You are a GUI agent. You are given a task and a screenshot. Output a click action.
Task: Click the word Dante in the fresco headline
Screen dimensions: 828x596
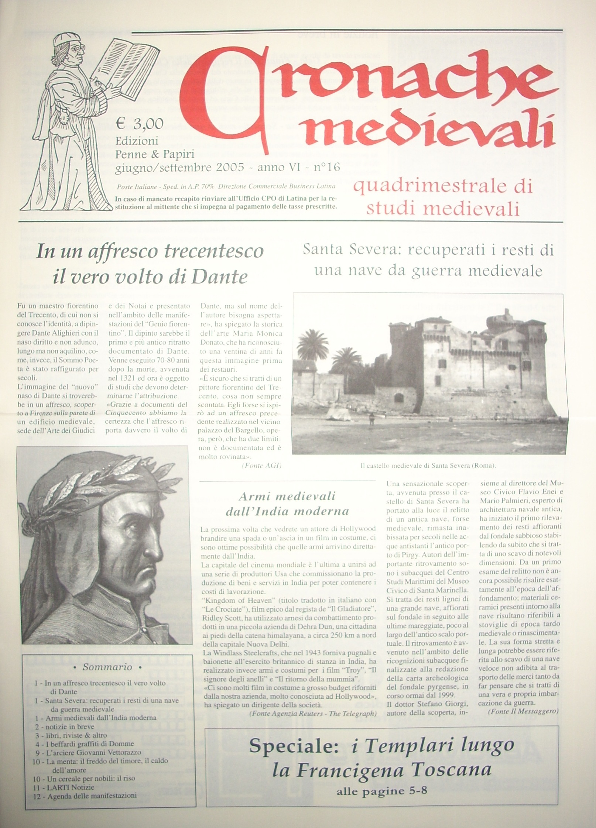point(222,277)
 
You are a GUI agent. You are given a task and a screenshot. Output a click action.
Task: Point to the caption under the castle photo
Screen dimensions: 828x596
point(428,465)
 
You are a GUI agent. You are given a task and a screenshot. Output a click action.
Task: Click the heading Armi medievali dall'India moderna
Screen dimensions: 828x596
point(287,504)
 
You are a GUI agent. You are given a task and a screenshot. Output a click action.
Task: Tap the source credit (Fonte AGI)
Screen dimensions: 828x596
point(261,466)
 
